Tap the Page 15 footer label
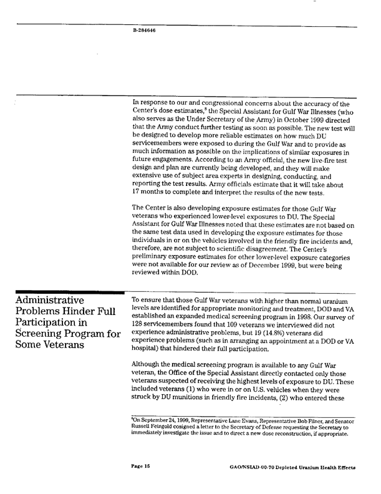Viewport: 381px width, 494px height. (x=143, y=465)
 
